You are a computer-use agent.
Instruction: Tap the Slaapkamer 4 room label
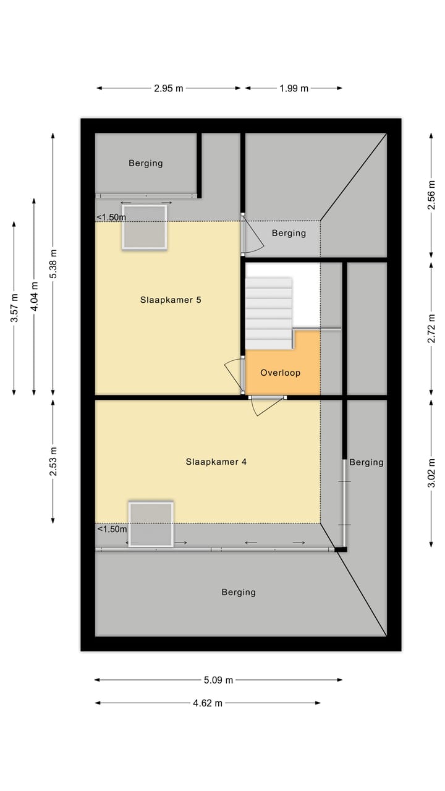click(216, 462)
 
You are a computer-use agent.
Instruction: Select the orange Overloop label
click(280, 373)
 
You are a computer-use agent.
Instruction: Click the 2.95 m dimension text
click(169, 88)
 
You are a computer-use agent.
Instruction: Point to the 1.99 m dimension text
click(294, 88)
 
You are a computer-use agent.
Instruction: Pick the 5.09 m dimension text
click(218, 680)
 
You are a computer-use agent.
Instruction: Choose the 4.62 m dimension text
click(207, 703)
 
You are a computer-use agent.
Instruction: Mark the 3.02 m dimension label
click(432, 473)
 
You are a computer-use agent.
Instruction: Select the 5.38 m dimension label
click(54, 264)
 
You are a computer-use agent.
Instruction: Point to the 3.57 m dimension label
click(14, 307)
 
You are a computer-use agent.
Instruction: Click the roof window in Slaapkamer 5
click(145, 227)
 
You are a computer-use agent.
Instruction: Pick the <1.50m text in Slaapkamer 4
click(111, 529)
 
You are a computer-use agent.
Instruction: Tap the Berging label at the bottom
click(239, 592)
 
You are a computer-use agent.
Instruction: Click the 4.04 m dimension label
click(34, 297)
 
